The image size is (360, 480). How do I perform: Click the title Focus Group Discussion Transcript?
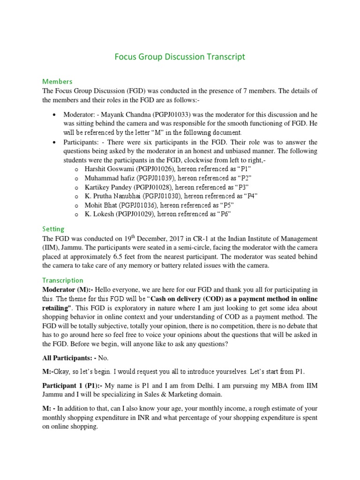pos(180,57)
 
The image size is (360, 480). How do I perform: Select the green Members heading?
pos(57,82)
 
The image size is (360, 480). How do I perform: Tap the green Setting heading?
pos(53,229)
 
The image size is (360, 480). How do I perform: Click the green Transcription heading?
pos(63,280)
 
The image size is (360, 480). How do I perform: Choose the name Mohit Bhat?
pos(101,205)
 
